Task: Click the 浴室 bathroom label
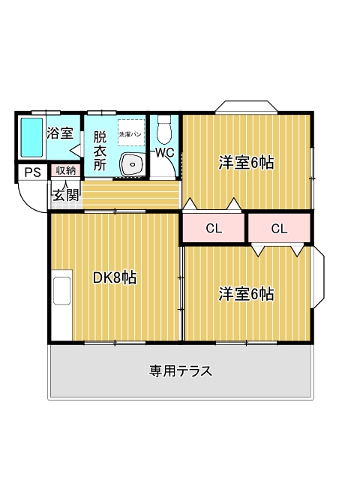pyautogui.click(x=60, y=133)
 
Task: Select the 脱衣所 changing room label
pyautogui.click(x=100, y=150)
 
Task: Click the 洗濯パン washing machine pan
pyautogui.click(x=130, y=132)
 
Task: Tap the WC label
pyautogui.click(x=164, y=152)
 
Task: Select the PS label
pyautogui.click(x=32, y=172)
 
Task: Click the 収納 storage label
pyautogui.click(x=65, y=170)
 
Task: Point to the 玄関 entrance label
pyautogui.click(x=65, y=195)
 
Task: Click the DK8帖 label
pyautogui.click(x=114, y=277)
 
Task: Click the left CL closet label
pyautogui.click(x=214, y=229)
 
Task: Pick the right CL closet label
pyautogui.click(x=279, y=229)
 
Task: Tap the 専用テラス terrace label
pyautogui.click(x=180, y=370)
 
